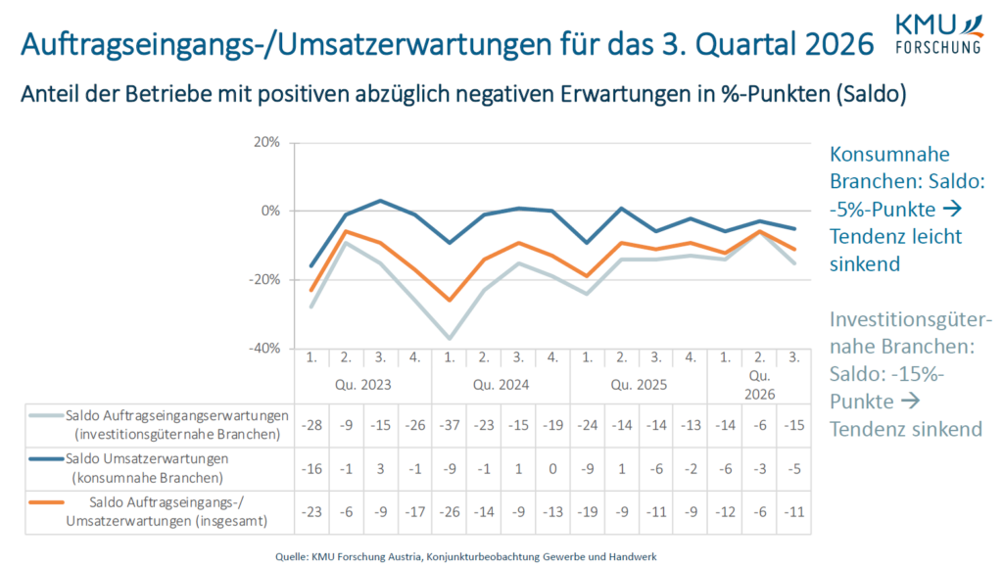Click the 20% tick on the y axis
pos(266,142)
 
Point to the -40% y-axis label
pos(264,349)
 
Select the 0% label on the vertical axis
pos(270,212)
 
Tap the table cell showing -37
pos(450,425)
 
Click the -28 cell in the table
pos(311,425)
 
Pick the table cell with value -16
pos(311,469)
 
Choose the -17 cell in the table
pos(415,512)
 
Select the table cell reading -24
pos(588,425)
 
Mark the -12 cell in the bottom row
pos(726,512)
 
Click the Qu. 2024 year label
pos(501,385)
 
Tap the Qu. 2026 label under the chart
pos(759,385)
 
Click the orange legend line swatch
pos(47,502)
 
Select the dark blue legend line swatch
pos(47,459)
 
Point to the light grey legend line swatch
pos(47,416)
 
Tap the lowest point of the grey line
pos(450,339)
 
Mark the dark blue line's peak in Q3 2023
pos(381,200)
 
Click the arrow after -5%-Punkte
pos(952,209)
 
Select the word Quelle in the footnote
pos(291,557)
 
